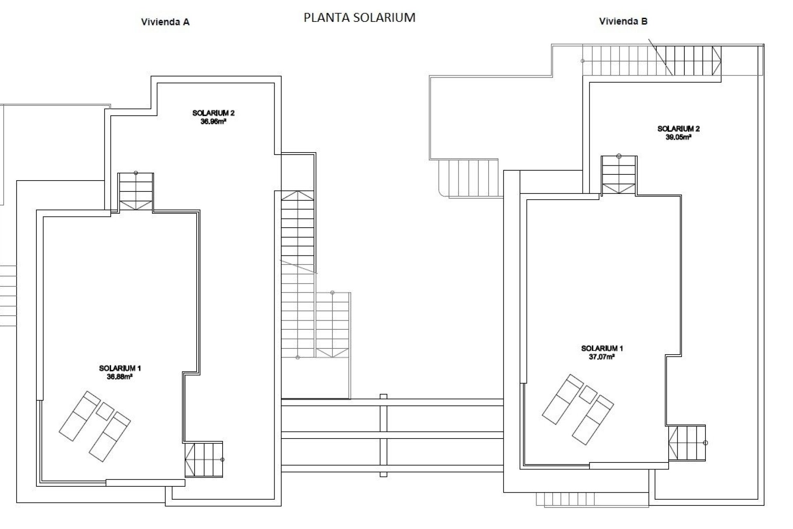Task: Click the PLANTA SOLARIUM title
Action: click(x=359, y=17)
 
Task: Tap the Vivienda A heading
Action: click(x=165, y=22)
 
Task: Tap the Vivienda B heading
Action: click(x=623, y=21)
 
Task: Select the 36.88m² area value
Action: click(x=119, y=376)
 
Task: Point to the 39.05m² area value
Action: click(x=678, y=137)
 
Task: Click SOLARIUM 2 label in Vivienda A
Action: click(x=213, y=113)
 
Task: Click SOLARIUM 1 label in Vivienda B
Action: click(x=602, y=348)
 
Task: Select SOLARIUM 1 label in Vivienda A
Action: click(x=120, y=368)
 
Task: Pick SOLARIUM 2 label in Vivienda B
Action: click(x=678, y=129)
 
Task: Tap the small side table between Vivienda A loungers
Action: click(x=105, y=411)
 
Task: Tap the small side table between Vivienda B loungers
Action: click(x=588, y=394)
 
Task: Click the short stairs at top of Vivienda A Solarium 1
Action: click(x=135, y=192)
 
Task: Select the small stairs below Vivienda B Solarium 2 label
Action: click(x=618, y=175)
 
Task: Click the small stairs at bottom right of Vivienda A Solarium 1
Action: click(x=204, y=459)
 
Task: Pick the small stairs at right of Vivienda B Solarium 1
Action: click(x=687, y=443)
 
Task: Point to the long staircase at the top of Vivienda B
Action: click(x=652, y=61)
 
